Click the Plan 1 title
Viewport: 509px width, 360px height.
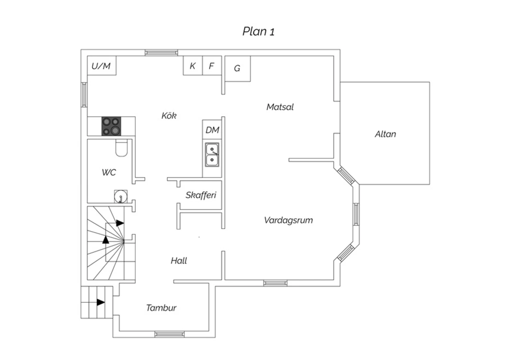click(258, 31)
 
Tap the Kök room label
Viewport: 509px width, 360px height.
click(169, 115)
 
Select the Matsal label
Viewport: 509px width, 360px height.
click(280, 107)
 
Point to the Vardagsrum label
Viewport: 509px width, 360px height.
click(288, 220)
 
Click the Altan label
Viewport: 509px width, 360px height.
click(385, 134)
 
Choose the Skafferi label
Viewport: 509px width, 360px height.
click(201, 195)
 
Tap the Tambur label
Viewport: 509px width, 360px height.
click(161, 308)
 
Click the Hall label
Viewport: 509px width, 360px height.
click(179, 260)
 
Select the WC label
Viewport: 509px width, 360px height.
click(109, 173)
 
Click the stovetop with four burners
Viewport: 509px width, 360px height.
click(111, 126)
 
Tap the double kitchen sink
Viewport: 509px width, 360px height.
click(212, 155)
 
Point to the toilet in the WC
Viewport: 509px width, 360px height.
click(121, 148)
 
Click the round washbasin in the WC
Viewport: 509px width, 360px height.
click(121, 197)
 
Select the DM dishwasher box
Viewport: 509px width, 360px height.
click(212, 130)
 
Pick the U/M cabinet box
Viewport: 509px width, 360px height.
click(101, 66)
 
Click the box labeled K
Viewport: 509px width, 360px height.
click(193, 66)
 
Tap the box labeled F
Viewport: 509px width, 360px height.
click(212, 66)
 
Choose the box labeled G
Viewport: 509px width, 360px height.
click(238, 69)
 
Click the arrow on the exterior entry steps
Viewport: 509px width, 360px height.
click(101, 302)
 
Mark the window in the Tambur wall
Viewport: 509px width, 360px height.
click(170, 334)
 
